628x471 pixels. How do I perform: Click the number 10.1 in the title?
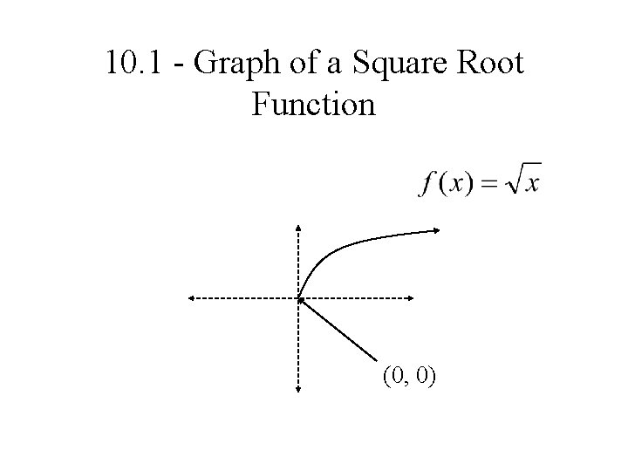click(x=129, y=64)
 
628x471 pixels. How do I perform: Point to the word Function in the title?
click(x=313, y=105)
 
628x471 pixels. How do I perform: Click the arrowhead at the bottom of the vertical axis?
click(x=298, y=392)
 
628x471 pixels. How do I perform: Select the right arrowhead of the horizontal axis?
click(x=410, y=298)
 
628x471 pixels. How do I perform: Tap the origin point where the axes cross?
click(x=298, y=298)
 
